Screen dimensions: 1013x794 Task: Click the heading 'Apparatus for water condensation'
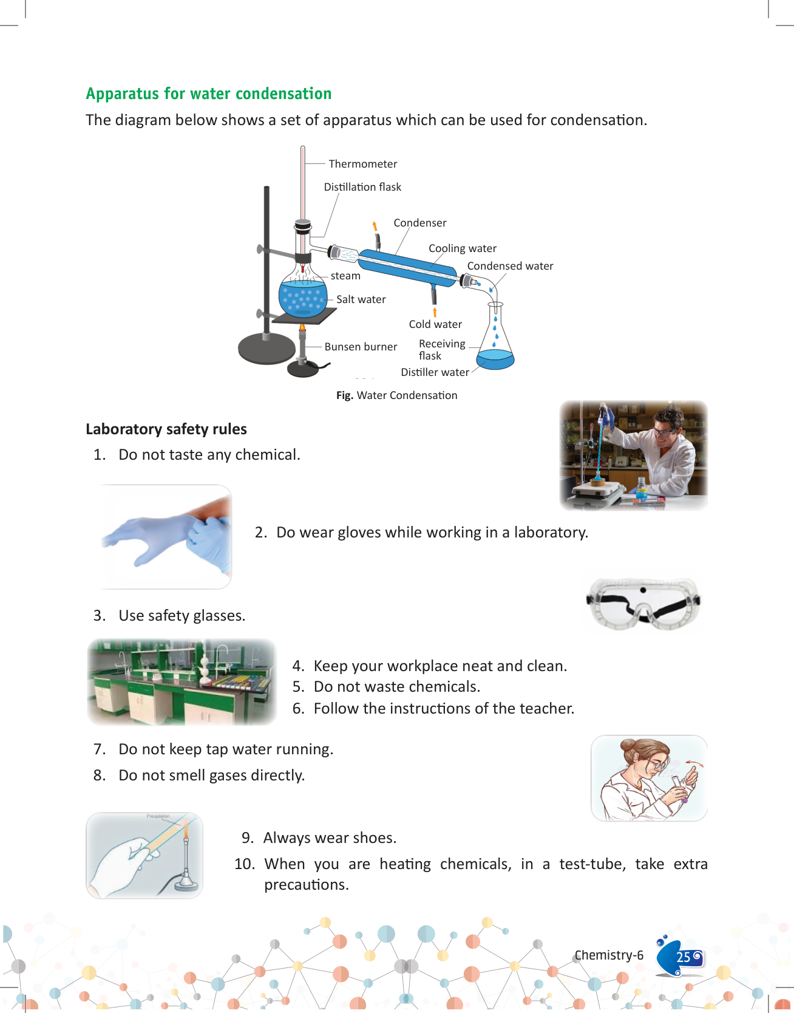click(x=208, y=94)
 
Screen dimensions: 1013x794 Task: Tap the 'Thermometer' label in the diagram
click(x=362, y=164)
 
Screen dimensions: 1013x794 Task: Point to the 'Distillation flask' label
click(x=362, y=187)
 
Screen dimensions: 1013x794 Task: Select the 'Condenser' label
click(x=419, y=223)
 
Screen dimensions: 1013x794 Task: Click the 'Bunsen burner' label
click(x=361, y=347)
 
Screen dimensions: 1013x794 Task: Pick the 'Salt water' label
click(x=361, y=299)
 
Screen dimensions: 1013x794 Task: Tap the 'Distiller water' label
click(x=435, y=372)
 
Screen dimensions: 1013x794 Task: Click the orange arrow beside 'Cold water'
click(x=435, y=312)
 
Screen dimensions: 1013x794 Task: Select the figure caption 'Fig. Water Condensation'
click(x=396, y=395)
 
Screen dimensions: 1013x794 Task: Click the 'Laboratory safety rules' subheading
click(x=166, y=429)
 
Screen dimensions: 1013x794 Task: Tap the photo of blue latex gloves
click(x=165, y=537)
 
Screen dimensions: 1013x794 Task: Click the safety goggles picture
click(x=643, y=604)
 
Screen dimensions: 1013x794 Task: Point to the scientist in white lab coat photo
click(x=633, y=455)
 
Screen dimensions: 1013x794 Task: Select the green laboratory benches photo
click(x=182, y=681)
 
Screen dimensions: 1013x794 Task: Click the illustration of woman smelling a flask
click(x=649, y=778)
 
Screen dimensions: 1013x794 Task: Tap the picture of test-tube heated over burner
click(x=144, y=855)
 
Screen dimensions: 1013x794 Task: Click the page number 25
click(x=683, y=957)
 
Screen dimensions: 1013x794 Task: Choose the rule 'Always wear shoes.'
click(x=330, y=838)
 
